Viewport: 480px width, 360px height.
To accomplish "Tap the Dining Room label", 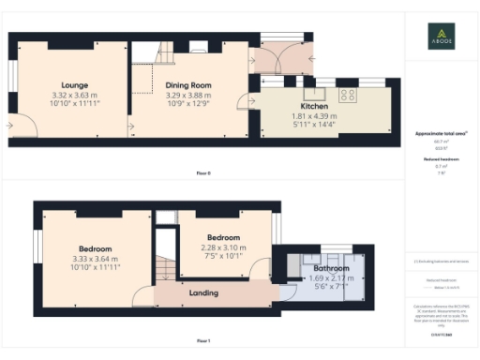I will [188, 85].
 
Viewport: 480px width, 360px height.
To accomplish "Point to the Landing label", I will [203, 292].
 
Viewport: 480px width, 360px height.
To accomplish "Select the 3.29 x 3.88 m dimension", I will [188, 96].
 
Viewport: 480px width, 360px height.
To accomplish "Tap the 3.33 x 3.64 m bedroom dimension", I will [95, 259].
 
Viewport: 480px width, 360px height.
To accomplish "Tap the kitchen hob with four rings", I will [347, 94].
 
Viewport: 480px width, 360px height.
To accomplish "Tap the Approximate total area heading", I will [441, 134].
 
